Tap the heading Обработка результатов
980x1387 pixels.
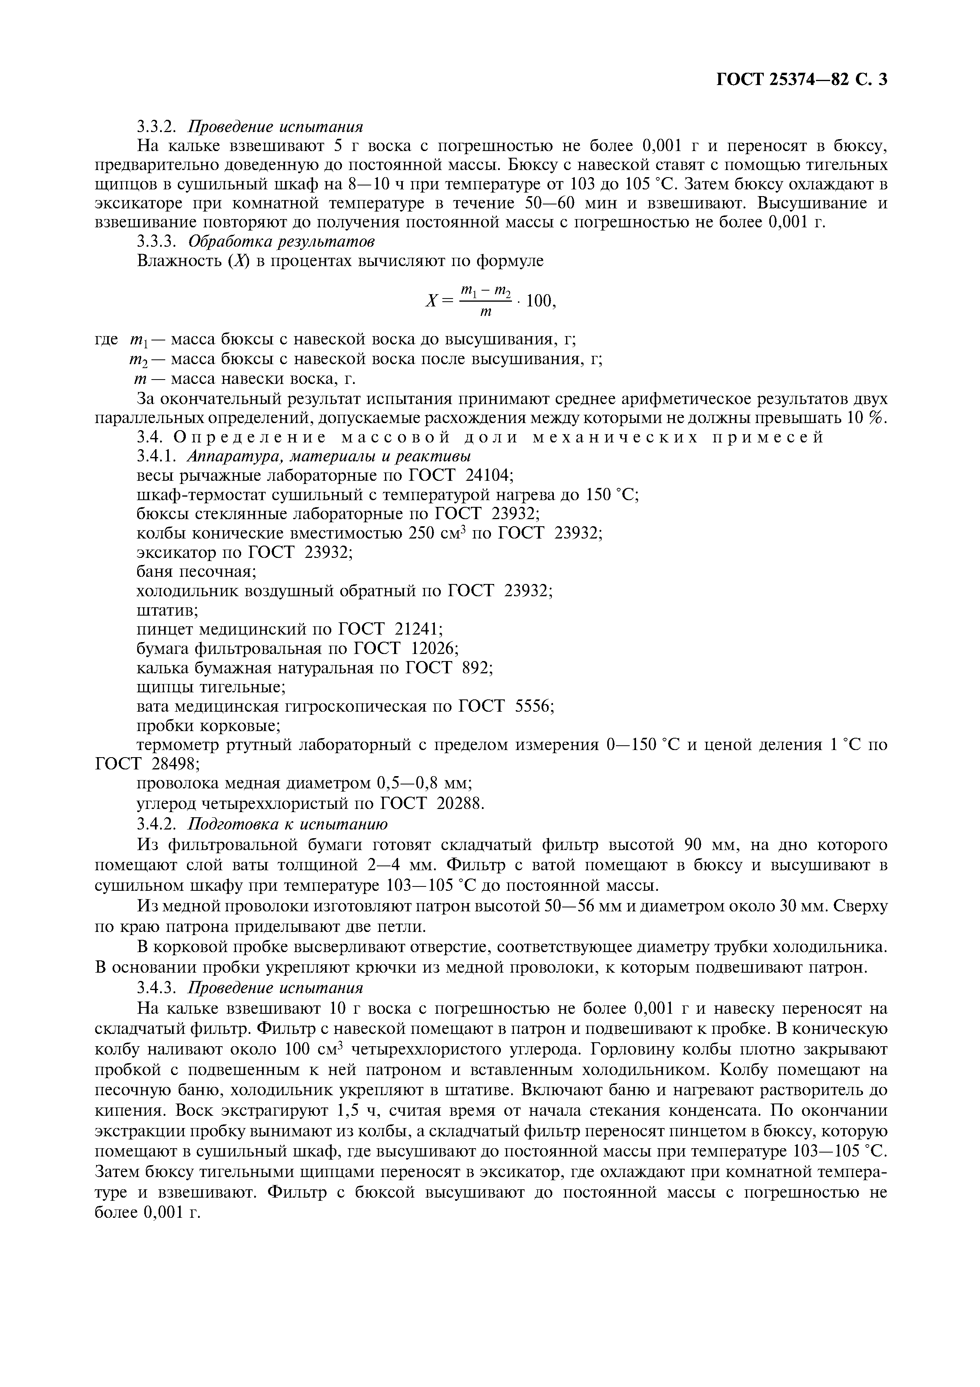pos(281,241)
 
